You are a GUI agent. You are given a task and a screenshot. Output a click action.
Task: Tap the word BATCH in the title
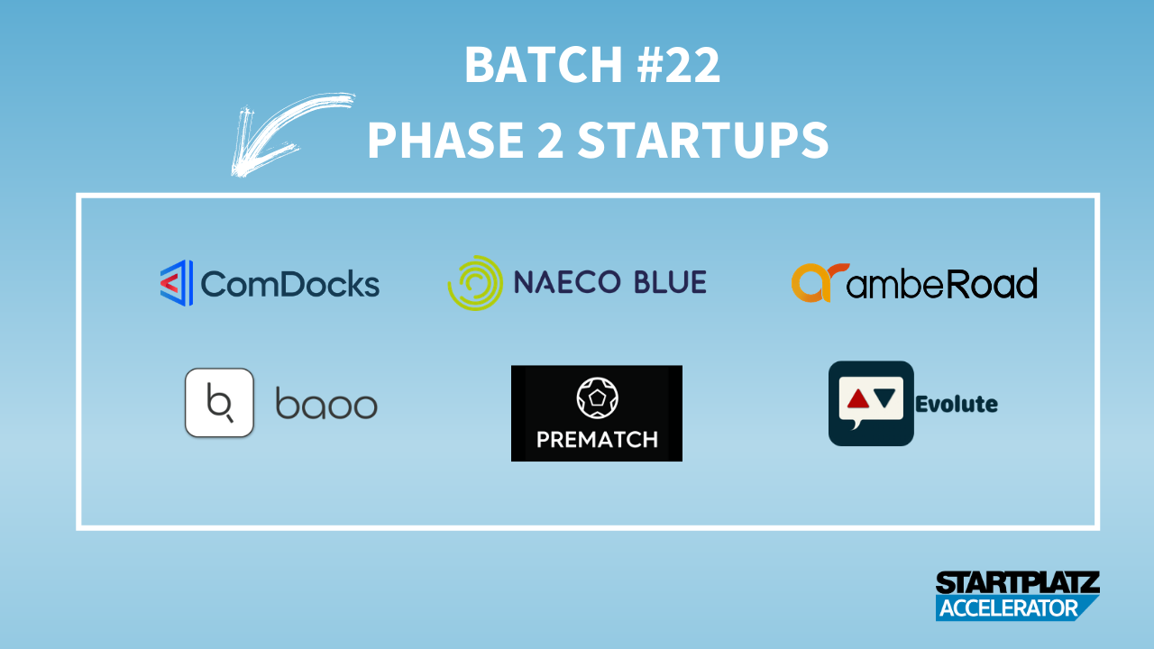[544, 64]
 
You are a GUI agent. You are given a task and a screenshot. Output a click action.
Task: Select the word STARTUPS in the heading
[703, 140]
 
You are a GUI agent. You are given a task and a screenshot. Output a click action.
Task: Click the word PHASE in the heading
[445, 140]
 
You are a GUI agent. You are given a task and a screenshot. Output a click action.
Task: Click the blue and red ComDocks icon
[177, 283]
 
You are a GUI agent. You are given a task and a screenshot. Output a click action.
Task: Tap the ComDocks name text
[290, 284]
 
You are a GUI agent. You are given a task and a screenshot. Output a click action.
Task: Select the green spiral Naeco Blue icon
[475, 283]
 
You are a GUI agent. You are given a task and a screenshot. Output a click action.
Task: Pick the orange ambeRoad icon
[820, 282]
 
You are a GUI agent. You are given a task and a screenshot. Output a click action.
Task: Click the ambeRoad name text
[942, 283]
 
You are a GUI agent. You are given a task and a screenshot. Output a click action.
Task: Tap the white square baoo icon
[219, 403]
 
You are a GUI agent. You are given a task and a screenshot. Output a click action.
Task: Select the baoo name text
[326, 403]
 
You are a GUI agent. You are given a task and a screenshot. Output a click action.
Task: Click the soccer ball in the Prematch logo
[597, 398]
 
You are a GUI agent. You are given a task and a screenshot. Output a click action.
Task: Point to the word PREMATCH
[597, 440]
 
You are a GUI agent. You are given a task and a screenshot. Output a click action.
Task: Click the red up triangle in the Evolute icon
[857, 398]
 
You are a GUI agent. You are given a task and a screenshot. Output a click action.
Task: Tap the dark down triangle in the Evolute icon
[884, 398]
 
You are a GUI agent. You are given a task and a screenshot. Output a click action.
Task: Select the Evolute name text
[957, 405]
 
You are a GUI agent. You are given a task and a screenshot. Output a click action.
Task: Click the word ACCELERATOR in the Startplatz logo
[1008, 608]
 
